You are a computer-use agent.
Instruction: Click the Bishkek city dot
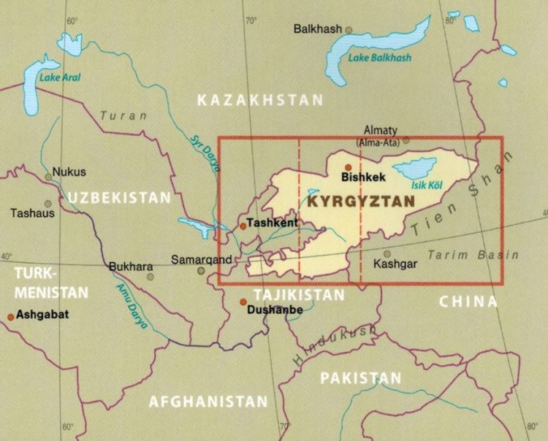click(349, 167)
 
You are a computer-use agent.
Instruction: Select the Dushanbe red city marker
click(243, 302)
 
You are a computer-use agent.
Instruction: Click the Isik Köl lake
click(414, 169)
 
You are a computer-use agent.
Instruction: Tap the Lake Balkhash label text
click(379, 58)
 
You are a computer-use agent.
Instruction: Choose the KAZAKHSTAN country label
click(260, 100)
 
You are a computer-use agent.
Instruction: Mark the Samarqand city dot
click(201, 271)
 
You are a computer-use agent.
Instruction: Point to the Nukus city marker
click(48, 177)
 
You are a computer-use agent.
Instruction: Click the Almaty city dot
click(406, 139)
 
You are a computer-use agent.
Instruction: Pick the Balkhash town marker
click(349, 30)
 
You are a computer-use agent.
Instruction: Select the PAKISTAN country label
click(361, 377)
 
